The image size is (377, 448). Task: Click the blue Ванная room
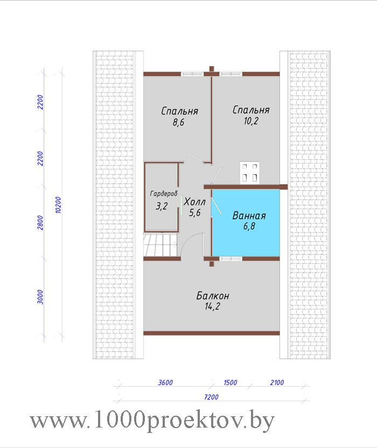click(x=246, y=223)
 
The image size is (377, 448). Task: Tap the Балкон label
click(x=213, y=296)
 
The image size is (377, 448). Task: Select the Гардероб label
click(x=164, y=194)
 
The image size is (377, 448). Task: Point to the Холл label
click(x=194, y=202)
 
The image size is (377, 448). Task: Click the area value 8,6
click(x=178, y=122)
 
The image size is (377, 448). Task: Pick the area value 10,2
click(x=251, y=121)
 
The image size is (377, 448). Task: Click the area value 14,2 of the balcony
click(x=212, y=307)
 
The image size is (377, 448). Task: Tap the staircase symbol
click(x=160, y=245)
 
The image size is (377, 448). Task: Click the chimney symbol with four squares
click(x=250, y=173)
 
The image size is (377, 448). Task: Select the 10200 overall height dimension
click(x=58, y=205)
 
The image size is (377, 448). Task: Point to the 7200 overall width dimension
click(x=211, y=397)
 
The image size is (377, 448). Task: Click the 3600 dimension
click(x=165, y=382)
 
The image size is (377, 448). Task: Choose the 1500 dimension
click(x=231, y=382)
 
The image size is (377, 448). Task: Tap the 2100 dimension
click(x=277, y=382)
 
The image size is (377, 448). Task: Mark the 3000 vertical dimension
click(x=40, y=297)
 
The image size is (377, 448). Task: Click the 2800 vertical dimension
click(x=40, y=223)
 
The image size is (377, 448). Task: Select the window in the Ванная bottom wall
click(x=231, y=259)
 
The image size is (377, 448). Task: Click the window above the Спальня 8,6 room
click(x=192, y=74)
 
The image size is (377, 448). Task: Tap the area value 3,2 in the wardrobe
click(x=162, y=206)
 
